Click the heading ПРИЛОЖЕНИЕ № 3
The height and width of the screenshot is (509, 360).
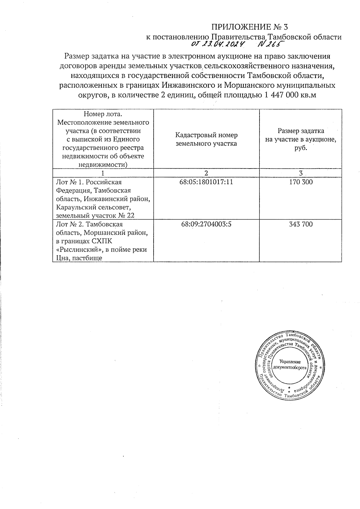coord(250,27)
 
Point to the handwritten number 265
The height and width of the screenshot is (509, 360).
coord(271,44)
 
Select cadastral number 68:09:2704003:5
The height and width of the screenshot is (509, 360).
coord(206,224)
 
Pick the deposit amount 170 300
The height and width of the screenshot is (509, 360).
coord(301,182)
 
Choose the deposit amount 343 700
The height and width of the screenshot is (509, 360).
coord(301,224)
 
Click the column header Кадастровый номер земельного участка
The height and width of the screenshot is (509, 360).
coord(206,139)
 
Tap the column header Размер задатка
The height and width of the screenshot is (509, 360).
coord(301,131)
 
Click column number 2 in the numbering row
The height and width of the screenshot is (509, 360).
coord(206,173)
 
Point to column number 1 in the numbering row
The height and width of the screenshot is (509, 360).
coord(103,173)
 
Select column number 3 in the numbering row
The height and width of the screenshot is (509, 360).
coord(301,173)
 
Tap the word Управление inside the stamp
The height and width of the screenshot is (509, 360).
coord(290,362)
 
